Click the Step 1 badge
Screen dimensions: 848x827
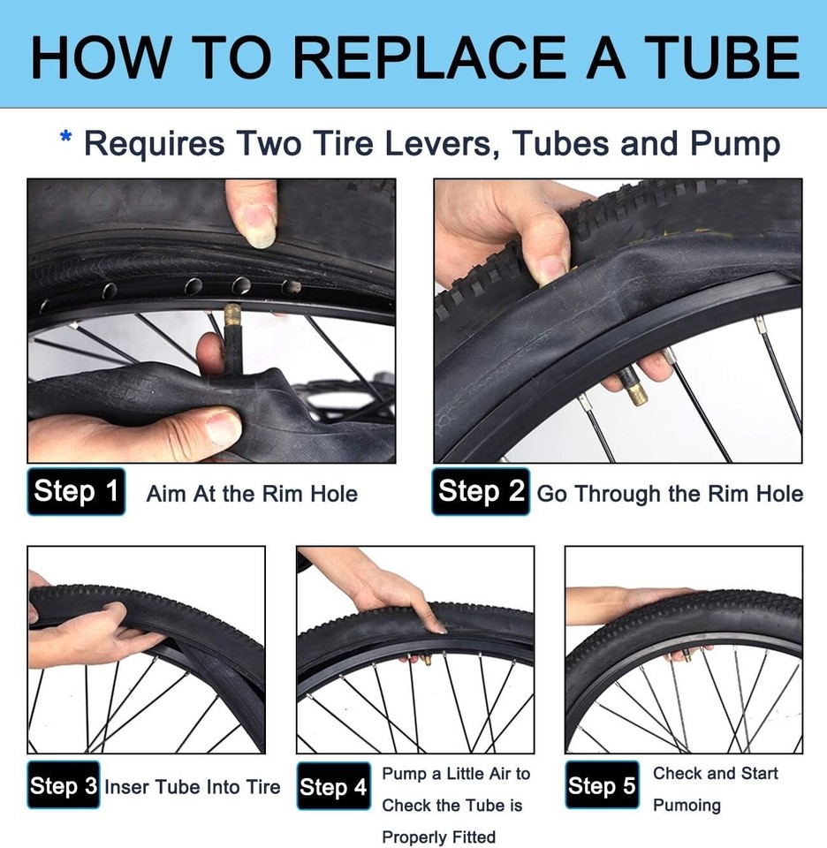(x=76, y=491)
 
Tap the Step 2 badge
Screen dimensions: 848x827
(x=481, y=491)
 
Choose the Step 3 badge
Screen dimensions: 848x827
(x=63, y=785)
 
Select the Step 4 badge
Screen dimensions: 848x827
(x=333, y=787)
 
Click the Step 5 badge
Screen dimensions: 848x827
(x=602, y=785)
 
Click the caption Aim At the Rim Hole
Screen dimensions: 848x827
(x=252, y=494)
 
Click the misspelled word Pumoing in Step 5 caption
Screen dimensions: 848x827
(x=687, y=805)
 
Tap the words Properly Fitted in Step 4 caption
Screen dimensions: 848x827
(x=438, y=837)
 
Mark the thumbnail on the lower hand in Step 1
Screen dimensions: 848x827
(x=223, y=430)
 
